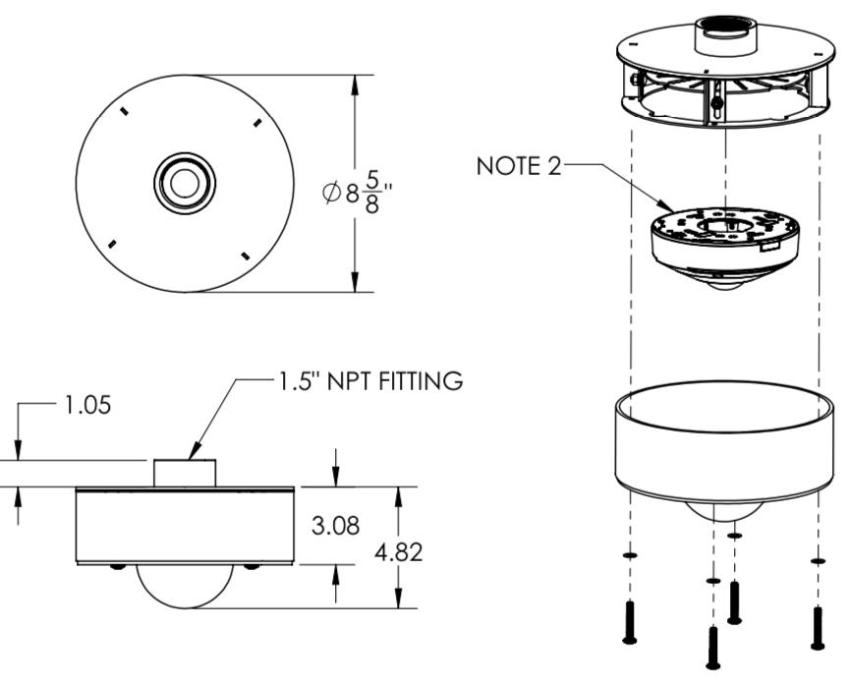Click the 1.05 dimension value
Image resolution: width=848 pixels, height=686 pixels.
[87, 405]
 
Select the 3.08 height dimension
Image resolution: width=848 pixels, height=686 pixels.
[335, 526]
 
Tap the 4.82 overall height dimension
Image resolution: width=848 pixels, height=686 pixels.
[399, 552]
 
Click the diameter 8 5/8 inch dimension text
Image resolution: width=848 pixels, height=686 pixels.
[358, 193]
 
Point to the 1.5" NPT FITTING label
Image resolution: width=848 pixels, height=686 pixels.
[370, 381]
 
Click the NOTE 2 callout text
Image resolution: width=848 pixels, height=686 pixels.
[519, 166]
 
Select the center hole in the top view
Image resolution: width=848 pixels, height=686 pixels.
[185, 184]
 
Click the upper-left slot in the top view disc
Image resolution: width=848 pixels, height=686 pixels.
[125, 111]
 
